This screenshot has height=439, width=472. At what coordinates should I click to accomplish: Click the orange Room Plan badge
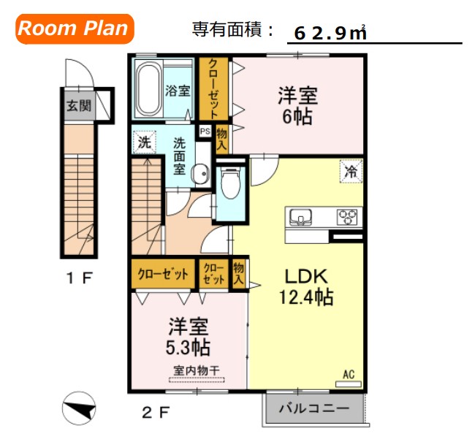point(73,29)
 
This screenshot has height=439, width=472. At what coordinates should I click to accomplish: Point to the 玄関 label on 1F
point(80,106)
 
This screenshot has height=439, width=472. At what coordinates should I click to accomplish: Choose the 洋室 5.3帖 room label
point(188,335)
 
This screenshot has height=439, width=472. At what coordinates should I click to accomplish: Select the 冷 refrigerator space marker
point(351,172)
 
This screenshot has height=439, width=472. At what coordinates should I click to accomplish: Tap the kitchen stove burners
point(347,217)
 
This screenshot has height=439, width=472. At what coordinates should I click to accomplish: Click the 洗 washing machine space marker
point(144,142)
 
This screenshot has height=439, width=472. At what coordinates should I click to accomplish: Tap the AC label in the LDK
point(349,375)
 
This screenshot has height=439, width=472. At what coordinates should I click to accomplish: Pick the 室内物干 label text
point(197,370)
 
